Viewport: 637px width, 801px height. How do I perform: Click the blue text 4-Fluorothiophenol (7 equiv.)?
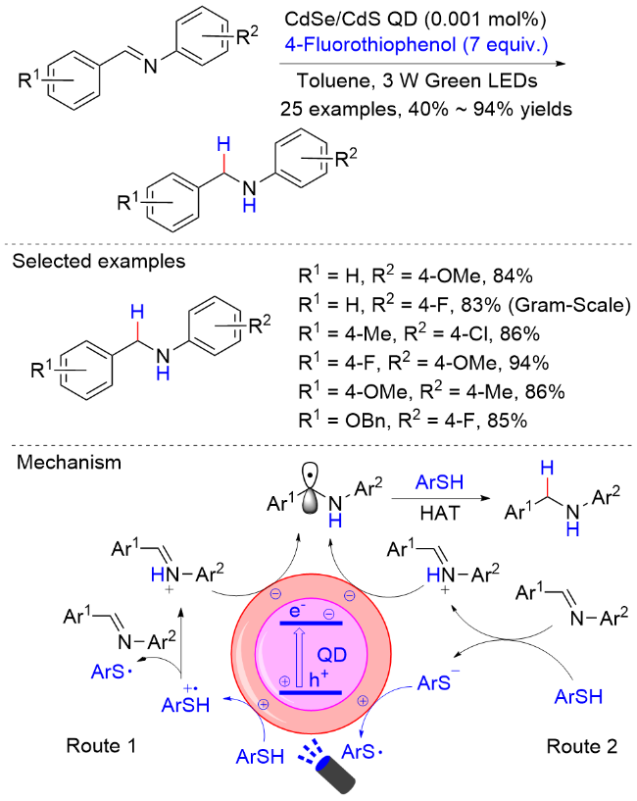click(416, 44)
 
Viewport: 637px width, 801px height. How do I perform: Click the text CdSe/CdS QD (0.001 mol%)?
click(416, 19)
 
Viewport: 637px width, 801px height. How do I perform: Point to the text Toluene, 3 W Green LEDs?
click(417, 80)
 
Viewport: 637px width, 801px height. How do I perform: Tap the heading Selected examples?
click(99, 261)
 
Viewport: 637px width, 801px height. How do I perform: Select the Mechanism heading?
click(69, 463)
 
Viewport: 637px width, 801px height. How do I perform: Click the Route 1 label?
click(101, 746)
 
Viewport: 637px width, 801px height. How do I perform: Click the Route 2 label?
click(582, 746)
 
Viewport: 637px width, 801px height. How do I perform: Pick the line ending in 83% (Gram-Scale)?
click(465, 305)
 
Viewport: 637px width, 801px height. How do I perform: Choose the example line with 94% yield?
click(423, 363)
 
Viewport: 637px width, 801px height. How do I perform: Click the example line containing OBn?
click(413, 421)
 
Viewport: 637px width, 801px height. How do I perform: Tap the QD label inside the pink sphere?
click(332, 654)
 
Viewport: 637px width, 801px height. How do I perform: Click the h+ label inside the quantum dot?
click(318, 678)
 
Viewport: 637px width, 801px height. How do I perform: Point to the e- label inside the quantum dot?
click(297, 610)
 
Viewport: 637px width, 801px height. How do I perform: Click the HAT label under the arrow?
click(440, 513)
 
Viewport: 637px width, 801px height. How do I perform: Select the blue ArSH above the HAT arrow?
click(439, 481)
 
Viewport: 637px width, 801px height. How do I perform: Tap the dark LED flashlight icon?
click(335, 774)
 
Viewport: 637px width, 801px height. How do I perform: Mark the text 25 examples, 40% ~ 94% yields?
click(426, 109)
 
